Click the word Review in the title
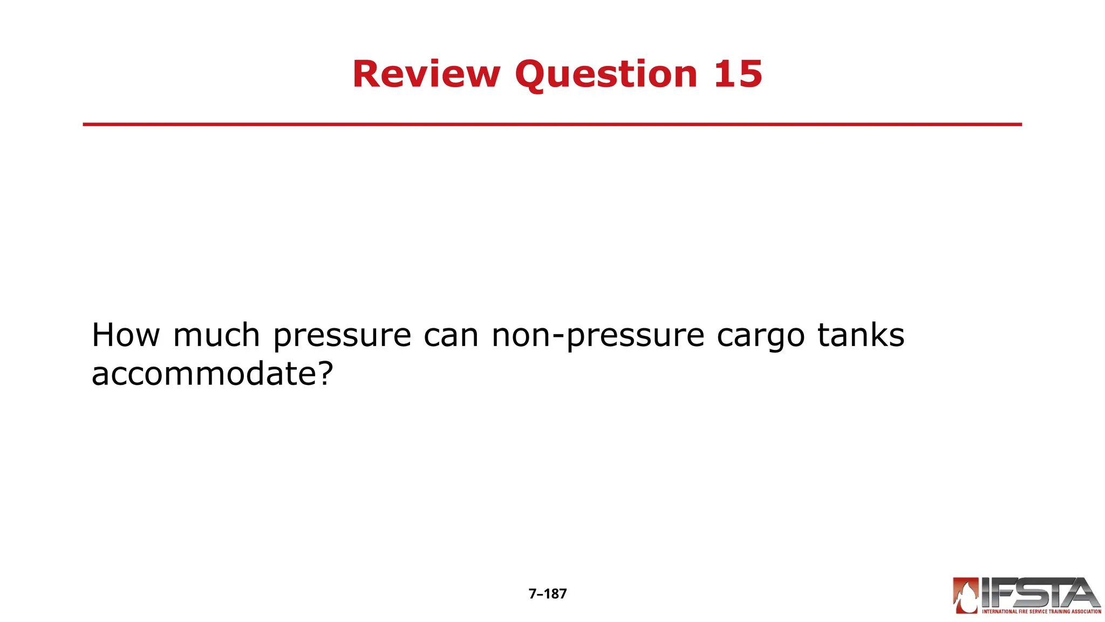click(x=426, y=74)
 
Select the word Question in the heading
click(x=606, y=74)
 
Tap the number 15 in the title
click(x=738, y=74)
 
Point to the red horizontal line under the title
click(x=552, y=124)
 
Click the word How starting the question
click(x=126, y=335)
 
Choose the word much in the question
click(x=216, y=335)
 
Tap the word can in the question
click(x=451, y=336)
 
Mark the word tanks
click(x=861, y=335)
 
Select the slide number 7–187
click(x=548, y=594)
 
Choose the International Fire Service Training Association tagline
click(x=1041, y=612)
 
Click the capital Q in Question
click(x=531, y=74)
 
